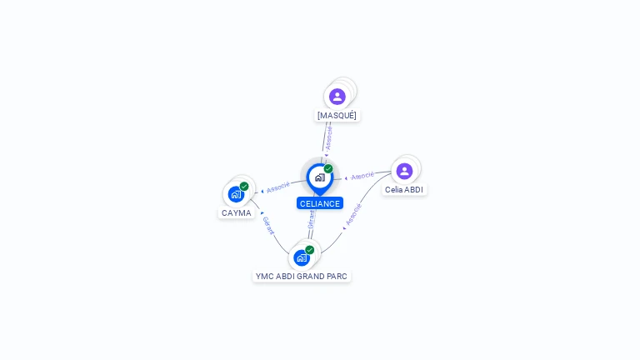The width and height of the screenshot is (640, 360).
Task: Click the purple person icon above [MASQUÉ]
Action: pyautogui.click(x=337, y=97)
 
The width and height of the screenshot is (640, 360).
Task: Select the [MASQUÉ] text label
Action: pyautogui.click(x=337, y=116)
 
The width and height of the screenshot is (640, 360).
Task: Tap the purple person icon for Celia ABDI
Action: pyautogui.click(x=404, y=171)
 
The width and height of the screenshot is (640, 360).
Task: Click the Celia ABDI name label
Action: pyautogui.click(x=404, y=190)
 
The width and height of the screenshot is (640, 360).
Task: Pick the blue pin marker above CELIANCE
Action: pyautogui.click(x=319, y=177)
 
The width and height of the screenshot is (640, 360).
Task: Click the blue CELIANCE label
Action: pyautogui.click(x=320, y=203)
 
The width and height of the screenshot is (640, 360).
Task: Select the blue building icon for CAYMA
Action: pyautogui.click(x=236, y=195)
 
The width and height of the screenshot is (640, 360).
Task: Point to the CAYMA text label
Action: pyautogui.click(x=237, y=213)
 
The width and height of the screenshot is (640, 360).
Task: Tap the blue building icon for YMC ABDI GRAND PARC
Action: pyautogui.click(x=302, y=257)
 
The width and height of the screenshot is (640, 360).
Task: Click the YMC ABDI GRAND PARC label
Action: pyautogui.click(x=302, y=276)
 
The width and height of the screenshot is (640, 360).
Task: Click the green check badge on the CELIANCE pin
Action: pyautogui.click(x=328, y=169)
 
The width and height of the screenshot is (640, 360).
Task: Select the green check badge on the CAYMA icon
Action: pyautogui.click(x=244, y=187)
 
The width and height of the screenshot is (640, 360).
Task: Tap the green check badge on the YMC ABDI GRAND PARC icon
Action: pyautogui.click(x=310, y=249)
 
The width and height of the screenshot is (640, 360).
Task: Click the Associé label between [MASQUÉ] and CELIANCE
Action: pyautogui.click(x=328, y=137)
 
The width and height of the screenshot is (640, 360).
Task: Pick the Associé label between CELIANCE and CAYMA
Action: pyautogui.click(x=278, y=187)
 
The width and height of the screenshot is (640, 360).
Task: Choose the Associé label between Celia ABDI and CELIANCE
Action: pyautogui.click(x=362, y=176)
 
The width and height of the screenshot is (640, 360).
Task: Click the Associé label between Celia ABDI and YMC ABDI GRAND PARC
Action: pyautogui.click(x=353, y=214)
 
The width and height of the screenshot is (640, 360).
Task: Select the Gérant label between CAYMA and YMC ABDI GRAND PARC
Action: pyautogui.click(x=268, y=225)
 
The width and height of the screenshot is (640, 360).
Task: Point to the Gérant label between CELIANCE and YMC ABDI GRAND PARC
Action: pyautogui.click(x=312, y=218)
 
